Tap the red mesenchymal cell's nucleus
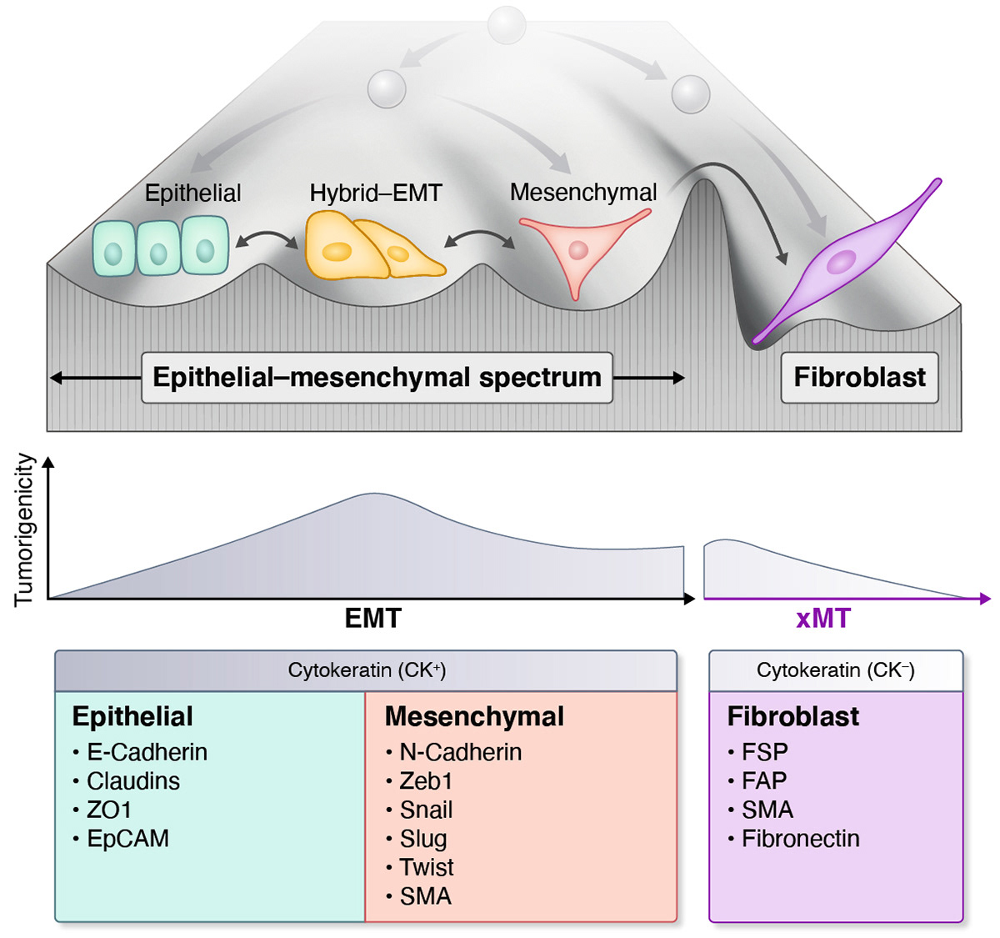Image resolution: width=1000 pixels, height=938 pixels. click(577, 249)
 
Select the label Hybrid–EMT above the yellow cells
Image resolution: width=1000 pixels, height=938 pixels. click(375, 193)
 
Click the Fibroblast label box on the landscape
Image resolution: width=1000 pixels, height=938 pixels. click(859, 378)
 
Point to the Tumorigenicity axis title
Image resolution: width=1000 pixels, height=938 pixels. click(24, 529)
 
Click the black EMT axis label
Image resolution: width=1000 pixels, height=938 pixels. click(372, 619)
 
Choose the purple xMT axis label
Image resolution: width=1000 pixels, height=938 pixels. click(823, 619)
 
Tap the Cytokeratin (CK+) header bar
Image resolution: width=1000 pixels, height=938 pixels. click(366, 670)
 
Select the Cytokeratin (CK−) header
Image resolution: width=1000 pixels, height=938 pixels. click(835, 670)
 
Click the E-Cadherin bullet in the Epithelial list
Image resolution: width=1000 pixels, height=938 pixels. click(147, 752)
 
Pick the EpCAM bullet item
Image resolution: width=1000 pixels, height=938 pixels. click(127, 839)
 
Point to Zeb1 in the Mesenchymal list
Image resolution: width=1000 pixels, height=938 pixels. click(425, 781)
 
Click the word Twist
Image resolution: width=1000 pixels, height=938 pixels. click(426, 868)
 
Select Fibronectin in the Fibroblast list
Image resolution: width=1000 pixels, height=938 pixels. click(800, 839)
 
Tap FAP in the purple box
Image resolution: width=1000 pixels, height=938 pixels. click(763, 781)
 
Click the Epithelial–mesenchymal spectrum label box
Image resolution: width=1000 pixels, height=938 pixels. click(377, 378)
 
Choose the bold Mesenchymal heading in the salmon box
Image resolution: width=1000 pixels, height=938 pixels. click(474, 717)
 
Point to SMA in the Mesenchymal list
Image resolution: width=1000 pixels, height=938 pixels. click(425, 896)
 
